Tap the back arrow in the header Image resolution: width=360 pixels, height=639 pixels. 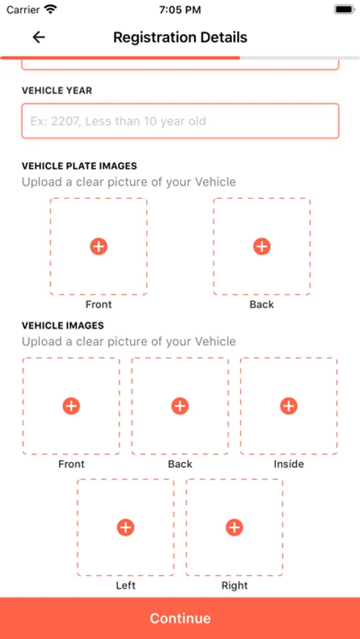pyautogui.click(x=39, y=37)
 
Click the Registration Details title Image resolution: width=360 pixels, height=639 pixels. pyautogui.click(x=180, y=37)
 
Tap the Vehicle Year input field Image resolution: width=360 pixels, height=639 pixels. pyautogui.click(x=180, y=121)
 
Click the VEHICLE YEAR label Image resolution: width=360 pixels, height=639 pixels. pyautogui.click(x=57, y=90)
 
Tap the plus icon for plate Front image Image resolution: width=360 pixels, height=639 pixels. pyautogui.click(x=99, y=246)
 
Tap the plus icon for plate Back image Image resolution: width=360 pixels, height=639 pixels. pyautogui.click(x=262, y=246)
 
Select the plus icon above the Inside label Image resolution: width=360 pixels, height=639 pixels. pyautogui.click(x=289, y=406)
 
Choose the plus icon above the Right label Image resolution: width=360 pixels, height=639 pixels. pyautogui.click(x=234, y=528)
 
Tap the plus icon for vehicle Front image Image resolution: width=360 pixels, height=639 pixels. pyautogui.click(x=71, y=406)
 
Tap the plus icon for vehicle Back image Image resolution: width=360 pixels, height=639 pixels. pyautogui.click(x=180, y=406)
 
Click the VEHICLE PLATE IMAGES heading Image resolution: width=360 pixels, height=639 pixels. pyautogui.click(x=79, y=166)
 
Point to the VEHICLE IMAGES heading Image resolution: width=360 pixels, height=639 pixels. pyautogui.click(x=62, y=326)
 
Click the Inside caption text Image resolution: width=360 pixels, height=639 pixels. pyautogui.click(x=289, y=464)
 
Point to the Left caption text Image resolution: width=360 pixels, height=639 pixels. pyautogui.click(x=126, y=586)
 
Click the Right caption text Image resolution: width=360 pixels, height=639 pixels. pyautogui.click(x=234, y=586)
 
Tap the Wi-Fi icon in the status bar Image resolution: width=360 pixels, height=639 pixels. pyautogui.click(x=51, y=9)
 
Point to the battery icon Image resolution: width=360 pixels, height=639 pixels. pyautogui.click(x=344, y=10)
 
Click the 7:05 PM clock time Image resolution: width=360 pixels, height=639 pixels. pyautogui.click(x=180, y=10)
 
